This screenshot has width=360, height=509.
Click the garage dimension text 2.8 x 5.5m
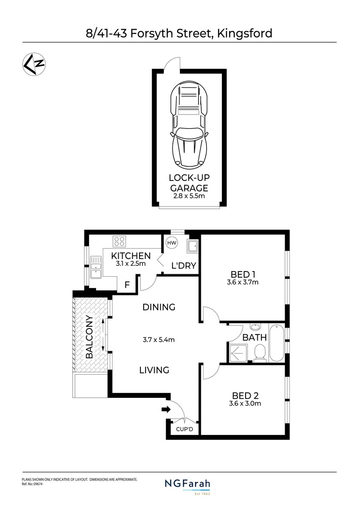189,195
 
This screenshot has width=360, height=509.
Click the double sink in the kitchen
97,266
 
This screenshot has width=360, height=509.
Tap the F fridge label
126,285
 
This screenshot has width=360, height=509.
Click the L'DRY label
183,266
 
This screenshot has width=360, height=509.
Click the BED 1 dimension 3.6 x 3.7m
243,283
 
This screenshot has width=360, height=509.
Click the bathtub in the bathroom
277,343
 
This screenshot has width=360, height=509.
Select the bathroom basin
255,327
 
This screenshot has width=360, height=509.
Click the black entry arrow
165,409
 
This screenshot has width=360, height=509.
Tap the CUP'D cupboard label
185,429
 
